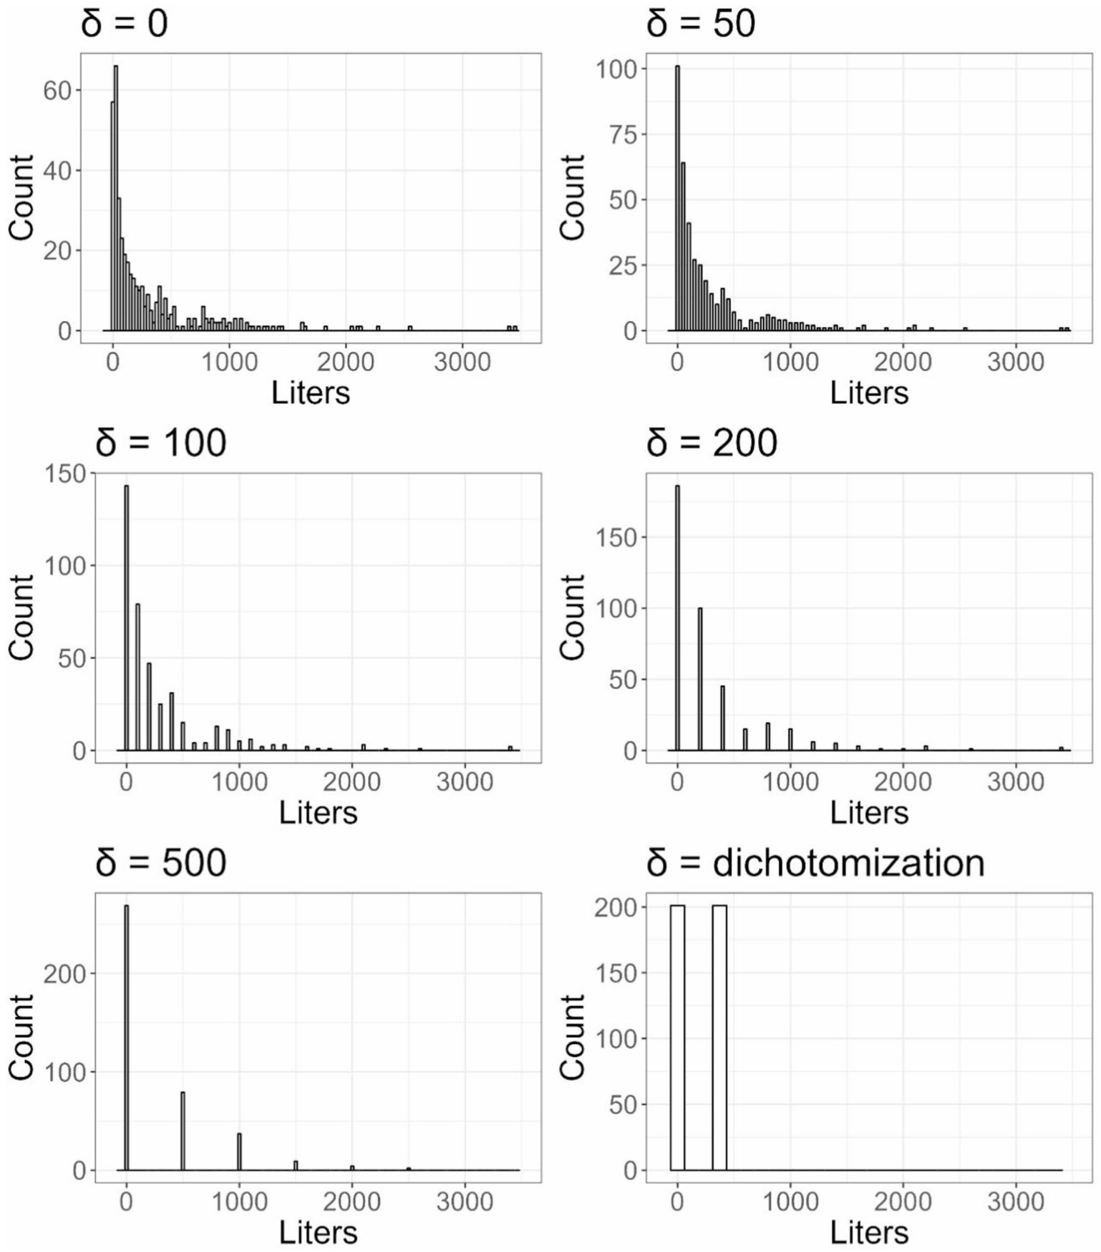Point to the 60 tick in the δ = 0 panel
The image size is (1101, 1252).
(x=57, y=90)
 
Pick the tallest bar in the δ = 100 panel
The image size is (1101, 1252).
(x=127, y=618)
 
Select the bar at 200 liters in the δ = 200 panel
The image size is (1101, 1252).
(x=700, y=679)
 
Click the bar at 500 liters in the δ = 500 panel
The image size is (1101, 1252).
(x=183, y=1131)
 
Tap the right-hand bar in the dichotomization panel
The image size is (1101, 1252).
(x=719, y=1038)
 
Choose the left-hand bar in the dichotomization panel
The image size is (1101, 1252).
(x=677, y=1038)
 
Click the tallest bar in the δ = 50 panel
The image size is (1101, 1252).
(x=677, y=199)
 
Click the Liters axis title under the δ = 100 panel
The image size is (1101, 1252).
(x=318, y=812)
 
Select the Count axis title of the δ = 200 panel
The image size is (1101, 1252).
(x=573, y=617)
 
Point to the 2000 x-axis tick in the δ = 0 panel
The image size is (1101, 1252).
(x=345, y=363)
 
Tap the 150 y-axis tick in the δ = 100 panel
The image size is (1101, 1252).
(x=65, y=474)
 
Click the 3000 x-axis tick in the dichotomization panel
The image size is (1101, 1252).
(x=1016, y=1202)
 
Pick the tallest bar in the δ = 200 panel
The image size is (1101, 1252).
(x=677, y=618)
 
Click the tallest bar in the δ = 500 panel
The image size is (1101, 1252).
(x=127, y=1038)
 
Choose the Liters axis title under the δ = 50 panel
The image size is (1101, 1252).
(x=868, y=392)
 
